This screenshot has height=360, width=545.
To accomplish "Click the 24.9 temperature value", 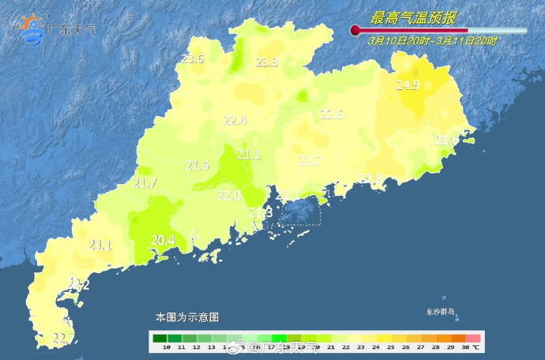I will tap(408, 85).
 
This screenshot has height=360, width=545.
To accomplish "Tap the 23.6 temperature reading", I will tap(192, 58).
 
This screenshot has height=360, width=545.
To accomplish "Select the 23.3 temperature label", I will tap(266, 62).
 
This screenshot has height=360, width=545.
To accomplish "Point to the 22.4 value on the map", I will tap(235, 121).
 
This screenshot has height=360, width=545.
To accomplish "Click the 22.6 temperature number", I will tap(331, 114).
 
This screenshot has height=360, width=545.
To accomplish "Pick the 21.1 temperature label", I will tap(248, 154).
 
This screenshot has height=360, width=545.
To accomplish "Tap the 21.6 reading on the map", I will tap(197, 165).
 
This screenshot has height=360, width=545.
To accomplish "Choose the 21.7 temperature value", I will tap(145, 183).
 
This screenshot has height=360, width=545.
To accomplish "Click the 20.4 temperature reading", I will tap(163, 240).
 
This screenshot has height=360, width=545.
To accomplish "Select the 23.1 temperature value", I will tap(100, 245).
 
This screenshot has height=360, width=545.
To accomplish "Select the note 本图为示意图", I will tap(186, 317).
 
